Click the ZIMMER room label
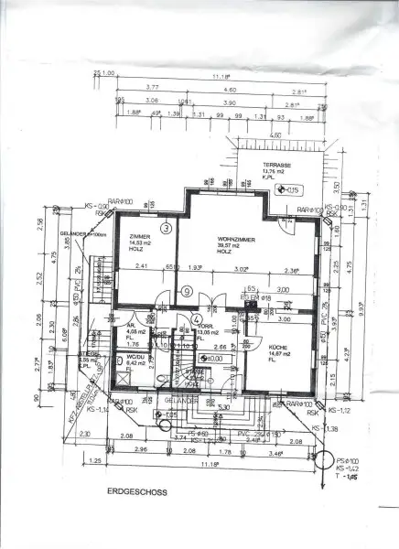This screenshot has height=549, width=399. tap(140, 236)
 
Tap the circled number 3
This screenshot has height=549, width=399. tap(166, 227)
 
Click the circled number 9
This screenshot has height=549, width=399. tap(186, 292)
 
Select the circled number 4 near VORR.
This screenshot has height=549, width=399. tap(197, 319)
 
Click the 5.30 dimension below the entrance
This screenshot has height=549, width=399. tap(222, 409)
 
